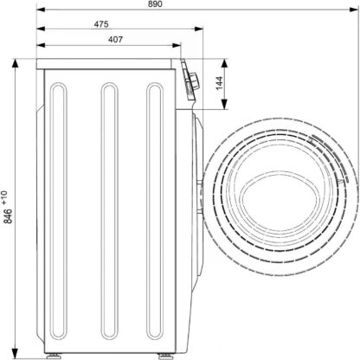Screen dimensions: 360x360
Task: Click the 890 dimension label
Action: pyautogui.click(x=156, y=4)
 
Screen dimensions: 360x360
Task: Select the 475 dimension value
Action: pyautogui.click(x=101, y=24)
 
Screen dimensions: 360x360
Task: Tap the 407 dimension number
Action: pyautogui.click(x=115, y=40)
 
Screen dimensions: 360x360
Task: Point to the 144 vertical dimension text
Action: pyautogui.click(x=220, y=83)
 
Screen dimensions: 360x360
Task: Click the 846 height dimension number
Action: pyautogui.click(x=8, y=216)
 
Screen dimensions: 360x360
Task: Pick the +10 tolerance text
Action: pyautogui.click(x=5, y=197)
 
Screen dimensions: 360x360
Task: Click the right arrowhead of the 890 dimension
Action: pyautogui.click(x=354, y=10)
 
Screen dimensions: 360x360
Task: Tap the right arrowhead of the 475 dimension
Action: pyautogui.click(x=199, y=29)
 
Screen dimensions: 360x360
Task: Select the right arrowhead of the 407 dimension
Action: pyautogui.click(x=177, y=45)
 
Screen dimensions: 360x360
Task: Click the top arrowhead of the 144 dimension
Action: pyautogui.click(x=224, y=63)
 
